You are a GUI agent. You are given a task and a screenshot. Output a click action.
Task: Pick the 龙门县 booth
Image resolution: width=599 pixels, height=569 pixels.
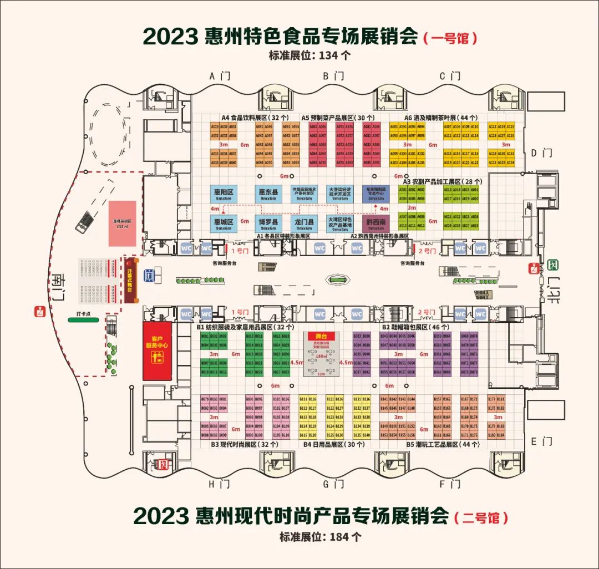point(304,223)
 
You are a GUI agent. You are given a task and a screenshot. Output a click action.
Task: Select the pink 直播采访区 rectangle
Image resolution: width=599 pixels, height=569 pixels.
point(121,222)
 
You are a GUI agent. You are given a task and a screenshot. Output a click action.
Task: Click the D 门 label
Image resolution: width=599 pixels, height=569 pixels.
point(539,153)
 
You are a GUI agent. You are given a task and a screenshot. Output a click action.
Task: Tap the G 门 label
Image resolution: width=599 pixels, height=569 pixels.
point(334,484)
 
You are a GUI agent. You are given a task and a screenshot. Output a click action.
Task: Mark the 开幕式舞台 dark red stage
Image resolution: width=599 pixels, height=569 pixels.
point(130,280)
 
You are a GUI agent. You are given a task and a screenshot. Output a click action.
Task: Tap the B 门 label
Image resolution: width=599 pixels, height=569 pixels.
point(334,76)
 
